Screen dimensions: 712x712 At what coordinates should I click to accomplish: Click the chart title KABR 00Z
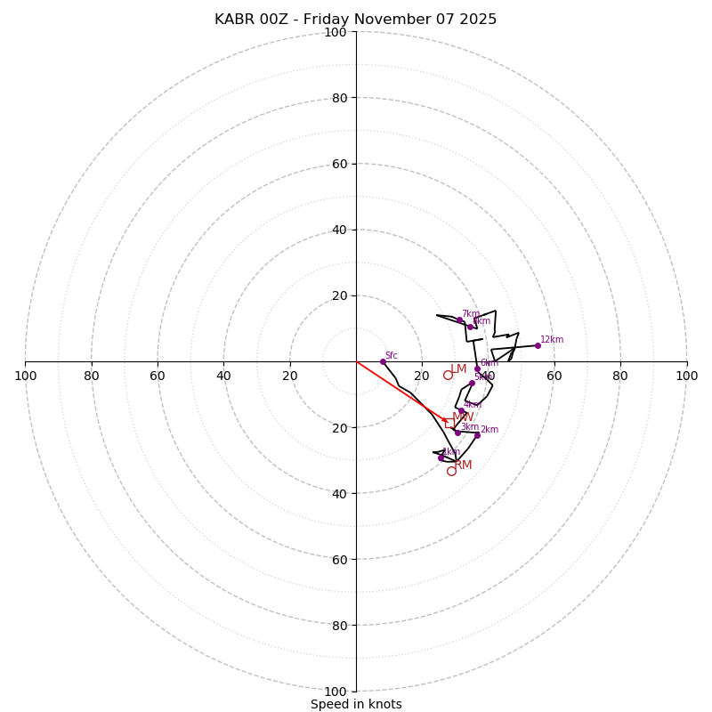pos(356,20)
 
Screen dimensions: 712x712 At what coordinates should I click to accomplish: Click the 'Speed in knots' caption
pos(356,704)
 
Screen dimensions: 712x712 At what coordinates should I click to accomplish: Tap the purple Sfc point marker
pos(383,361)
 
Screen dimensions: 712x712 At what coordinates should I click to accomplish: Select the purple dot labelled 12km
pos(538,345)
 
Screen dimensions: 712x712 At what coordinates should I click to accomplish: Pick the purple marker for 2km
pos(477,435)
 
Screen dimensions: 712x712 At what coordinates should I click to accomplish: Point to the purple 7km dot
pos(460,320)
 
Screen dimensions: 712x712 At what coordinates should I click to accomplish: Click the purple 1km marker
pos(441,458)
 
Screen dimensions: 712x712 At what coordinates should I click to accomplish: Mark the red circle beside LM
pos(448,376)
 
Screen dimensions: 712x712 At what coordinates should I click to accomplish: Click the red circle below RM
pos(451,471)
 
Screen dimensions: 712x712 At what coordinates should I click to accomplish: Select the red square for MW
pos(449,424)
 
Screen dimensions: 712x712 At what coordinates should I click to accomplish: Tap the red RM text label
pos(463,465)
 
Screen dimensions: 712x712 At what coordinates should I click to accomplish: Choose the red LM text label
pos(458,369)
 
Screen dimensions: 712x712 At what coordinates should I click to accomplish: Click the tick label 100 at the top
pos(335,32)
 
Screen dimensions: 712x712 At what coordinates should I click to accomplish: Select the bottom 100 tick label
pos(335,692)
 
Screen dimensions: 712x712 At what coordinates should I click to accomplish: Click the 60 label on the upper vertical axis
pos(340,164)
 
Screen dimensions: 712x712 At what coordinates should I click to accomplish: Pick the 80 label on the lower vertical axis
pos(340,626)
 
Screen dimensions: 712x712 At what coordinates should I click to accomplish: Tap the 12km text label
pos(552,339)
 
